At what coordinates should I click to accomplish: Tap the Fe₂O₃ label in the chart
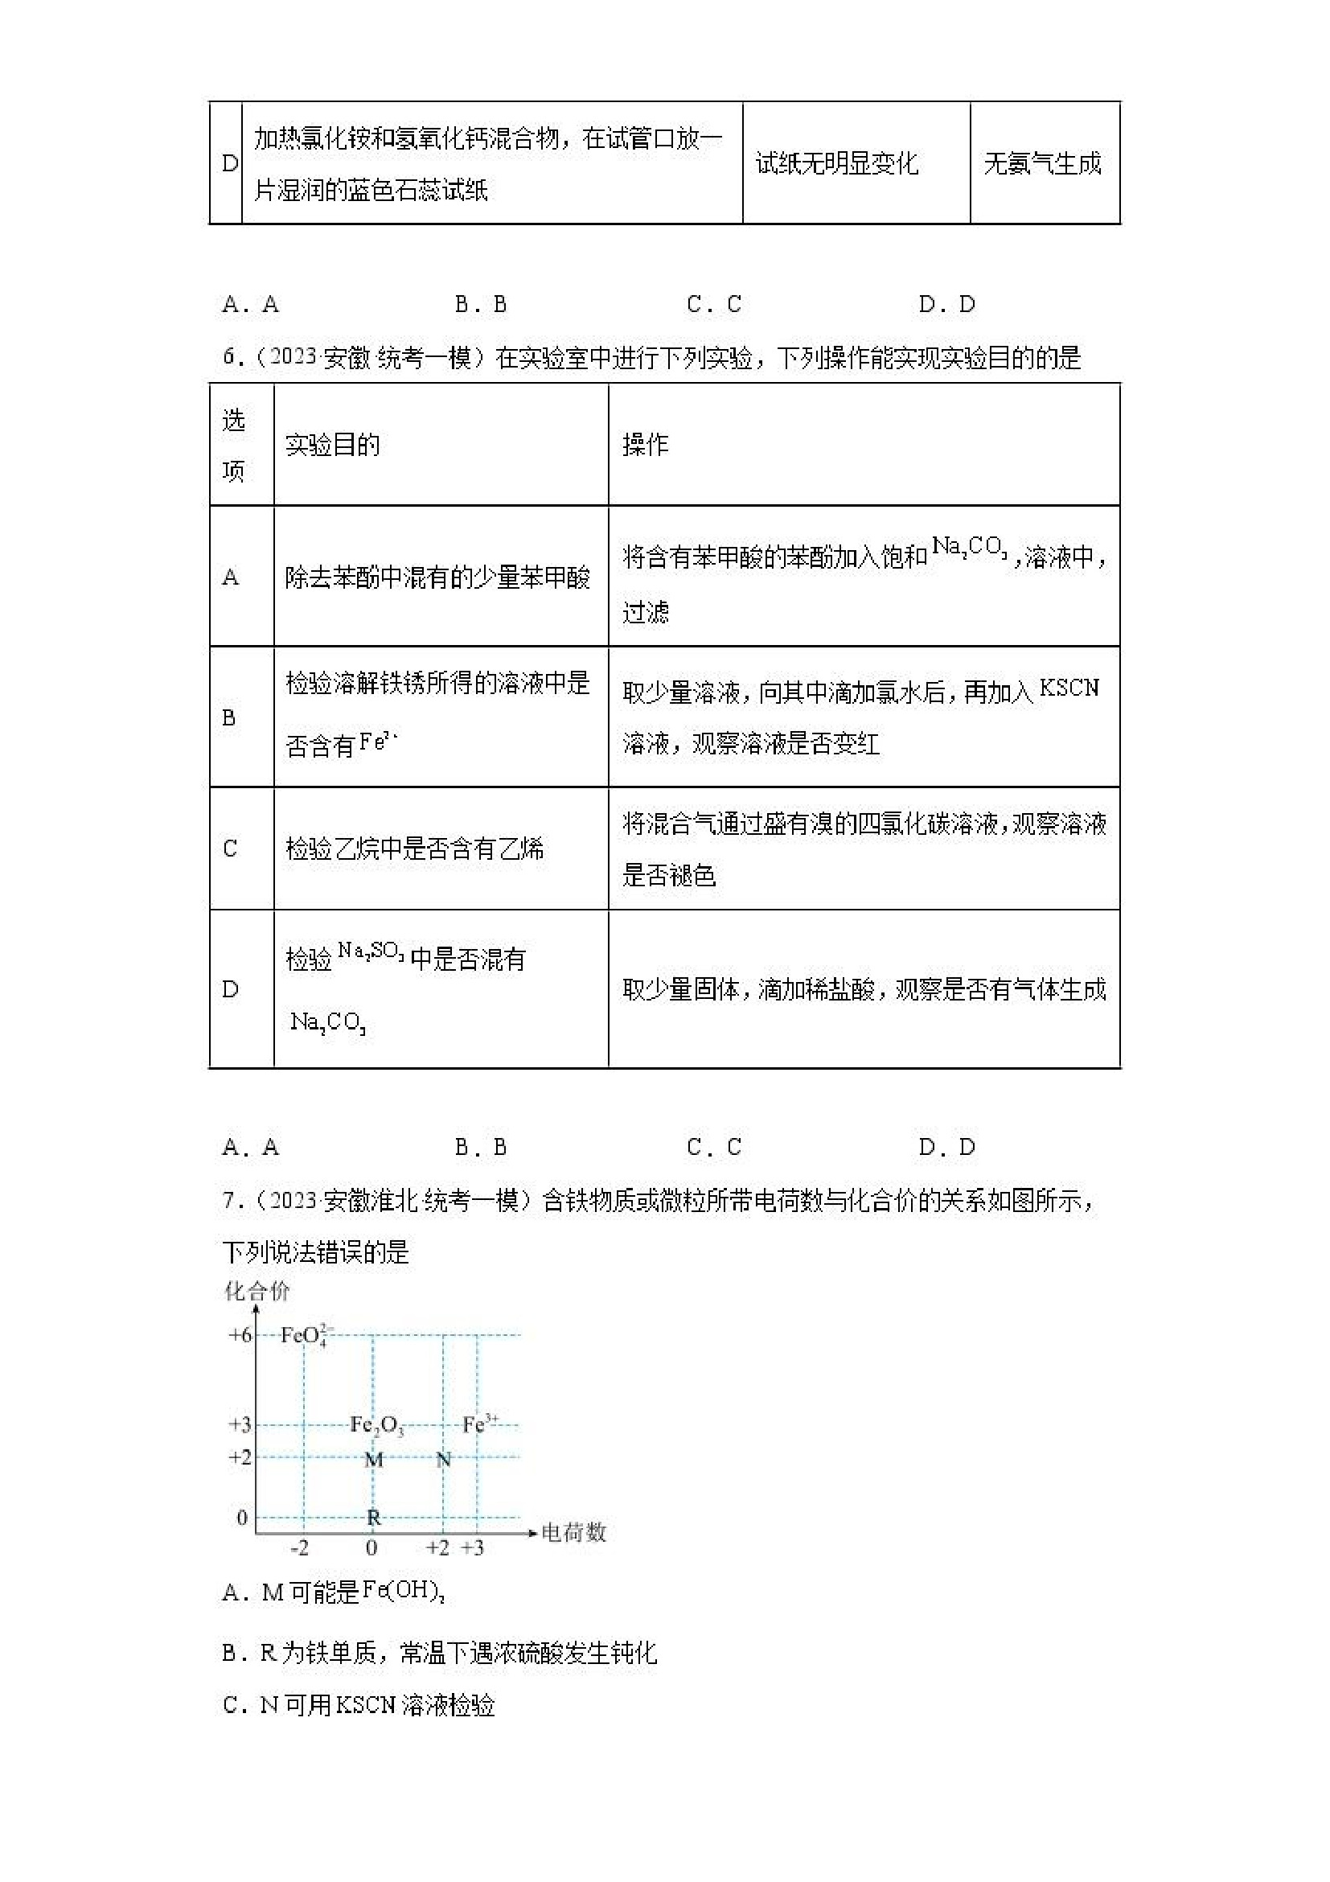[x=377, y=1425]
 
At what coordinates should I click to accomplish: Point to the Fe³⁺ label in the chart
[x=479, y=1424]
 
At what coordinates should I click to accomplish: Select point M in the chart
[x=374, y=1460]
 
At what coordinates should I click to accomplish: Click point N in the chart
[x=443, y=1460]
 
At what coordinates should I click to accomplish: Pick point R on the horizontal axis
[x=374, y=1518]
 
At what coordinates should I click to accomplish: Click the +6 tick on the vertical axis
[x=240, y=1335]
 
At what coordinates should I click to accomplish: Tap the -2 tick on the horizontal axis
[x=300, y=1548]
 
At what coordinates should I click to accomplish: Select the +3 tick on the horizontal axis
[x=473, y=1548]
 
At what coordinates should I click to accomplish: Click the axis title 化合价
[x=257, y=1292]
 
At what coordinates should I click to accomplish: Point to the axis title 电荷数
[x=573, y=1532]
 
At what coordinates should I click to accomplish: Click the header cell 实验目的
[x=333, y=445]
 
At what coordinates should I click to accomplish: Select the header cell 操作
[x=646, y=445]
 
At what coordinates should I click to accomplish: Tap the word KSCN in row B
[x=1069, y=688]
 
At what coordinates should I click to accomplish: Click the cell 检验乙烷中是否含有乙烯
[x=415, y=849]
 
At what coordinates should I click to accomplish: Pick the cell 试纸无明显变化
[x=837, y=163]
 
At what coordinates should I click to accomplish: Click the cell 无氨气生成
[x=1042, y=163]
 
